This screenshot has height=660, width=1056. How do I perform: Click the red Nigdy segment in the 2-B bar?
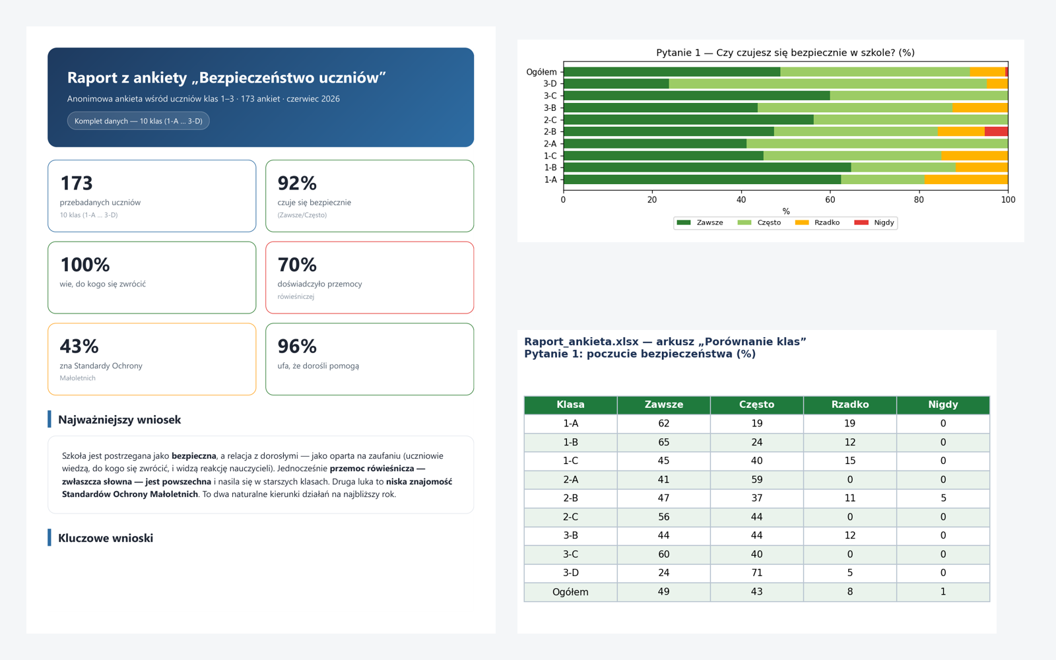pos(996,131)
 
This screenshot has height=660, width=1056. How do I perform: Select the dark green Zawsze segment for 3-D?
pos(616,83)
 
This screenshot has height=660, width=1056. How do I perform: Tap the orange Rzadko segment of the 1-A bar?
pos(966,180)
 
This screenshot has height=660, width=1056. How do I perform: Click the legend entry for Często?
pos(759,222)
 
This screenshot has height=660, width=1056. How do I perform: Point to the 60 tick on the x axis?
pos(830,199)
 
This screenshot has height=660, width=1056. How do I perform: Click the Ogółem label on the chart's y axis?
pos(541,72)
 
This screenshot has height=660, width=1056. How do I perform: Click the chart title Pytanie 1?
pos(785,52)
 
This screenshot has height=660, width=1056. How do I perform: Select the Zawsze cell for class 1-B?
pos(664,442)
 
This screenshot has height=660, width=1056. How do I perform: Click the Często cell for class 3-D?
pos(756,573)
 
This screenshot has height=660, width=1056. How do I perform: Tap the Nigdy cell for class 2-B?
pos(943,498)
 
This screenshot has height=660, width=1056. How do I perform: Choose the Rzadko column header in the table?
pos(850,405)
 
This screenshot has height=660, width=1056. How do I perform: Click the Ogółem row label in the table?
pos(570,591)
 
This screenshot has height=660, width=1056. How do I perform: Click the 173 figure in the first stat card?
pos(77,183)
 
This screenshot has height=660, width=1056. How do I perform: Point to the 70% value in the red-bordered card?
pos(297,265)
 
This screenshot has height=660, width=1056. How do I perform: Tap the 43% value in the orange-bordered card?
pos(79,346)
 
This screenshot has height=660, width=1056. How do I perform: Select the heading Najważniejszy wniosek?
pos(119,420)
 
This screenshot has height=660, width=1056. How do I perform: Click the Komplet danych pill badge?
pos(138,121)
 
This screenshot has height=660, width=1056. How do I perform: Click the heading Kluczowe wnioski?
pos(106,538)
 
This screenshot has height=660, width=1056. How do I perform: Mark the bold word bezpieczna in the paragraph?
pos(194,456)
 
